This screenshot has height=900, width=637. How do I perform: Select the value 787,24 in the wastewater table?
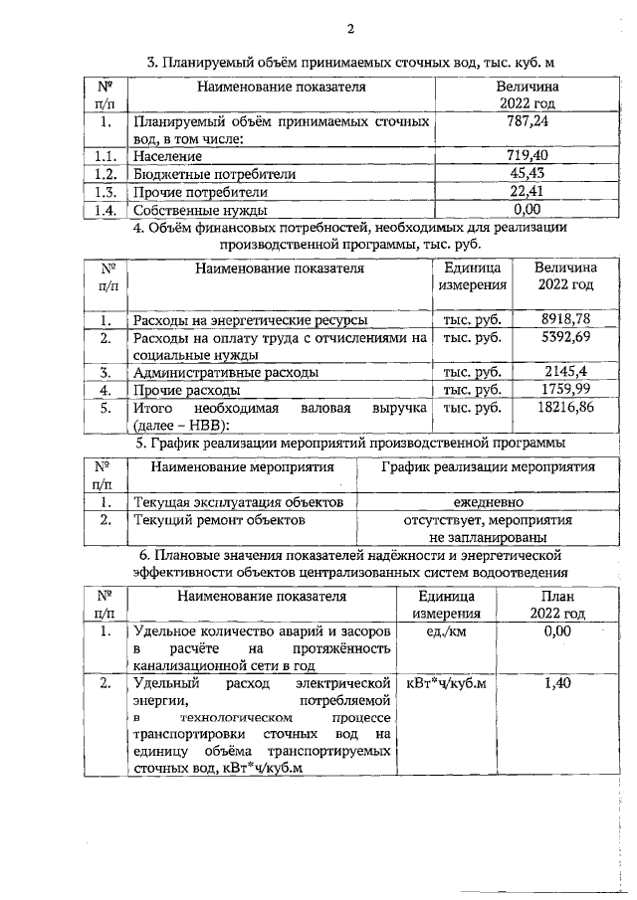coord(528,121)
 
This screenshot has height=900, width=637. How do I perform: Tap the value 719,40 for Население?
coord(528,156)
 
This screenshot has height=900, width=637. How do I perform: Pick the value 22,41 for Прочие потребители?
coord(528,192)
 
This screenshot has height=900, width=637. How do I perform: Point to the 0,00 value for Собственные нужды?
coord(528,210)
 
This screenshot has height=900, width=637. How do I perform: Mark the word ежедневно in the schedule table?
coord(488,502)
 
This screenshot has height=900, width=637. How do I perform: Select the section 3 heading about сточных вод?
coord(350,63)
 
